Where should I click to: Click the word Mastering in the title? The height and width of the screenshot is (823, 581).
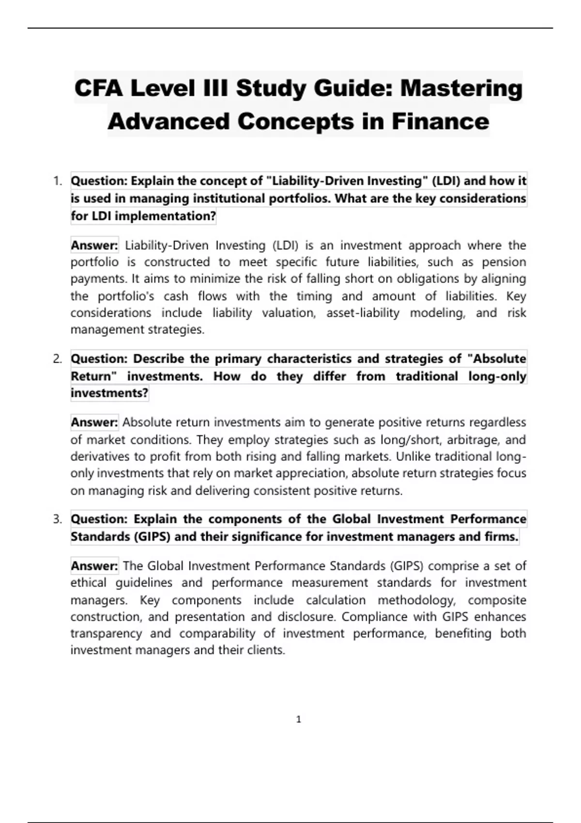click(x=461, y=89)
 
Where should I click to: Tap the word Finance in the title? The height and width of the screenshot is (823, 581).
click(x=440, y=121)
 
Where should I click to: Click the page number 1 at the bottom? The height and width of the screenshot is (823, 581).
click(x=298, y=719)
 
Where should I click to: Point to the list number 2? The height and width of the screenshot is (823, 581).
click(x=58, y=359)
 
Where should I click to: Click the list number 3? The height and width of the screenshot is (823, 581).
click(x=58, y=519)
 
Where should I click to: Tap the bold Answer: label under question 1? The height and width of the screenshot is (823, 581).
click(x=94, y=245)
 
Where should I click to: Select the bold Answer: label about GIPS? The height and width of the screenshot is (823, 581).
click(x=94, y=566)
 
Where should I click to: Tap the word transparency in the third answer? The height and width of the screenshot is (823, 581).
click(x=106, y=633)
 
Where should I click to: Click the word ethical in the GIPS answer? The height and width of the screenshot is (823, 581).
click(x=88, y=582)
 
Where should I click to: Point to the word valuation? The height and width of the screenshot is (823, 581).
click(x=289, y=313)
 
